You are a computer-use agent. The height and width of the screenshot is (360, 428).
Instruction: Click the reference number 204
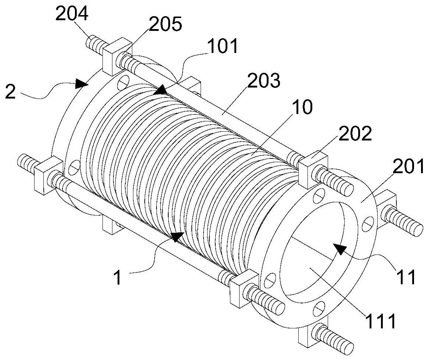click(x=72, y=14)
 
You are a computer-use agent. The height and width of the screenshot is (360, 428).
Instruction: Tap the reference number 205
click(x=165, y=24)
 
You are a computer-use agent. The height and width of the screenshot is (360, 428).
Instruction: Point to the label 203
click(x=264, y=80)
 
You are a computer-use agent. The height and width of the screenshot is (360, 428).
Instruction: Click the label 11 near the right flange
click(x=406, y=277)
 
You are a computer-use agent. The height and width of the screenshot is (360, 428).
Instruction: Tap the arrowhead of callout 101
click(x=160, y=89)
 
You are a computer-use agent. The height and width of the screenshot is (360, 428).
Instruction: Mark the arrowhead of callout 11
click(x=339, y=249)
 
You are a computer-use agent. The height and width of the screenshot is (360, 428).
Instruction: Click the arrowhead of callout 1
click(x=177, y=236)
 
